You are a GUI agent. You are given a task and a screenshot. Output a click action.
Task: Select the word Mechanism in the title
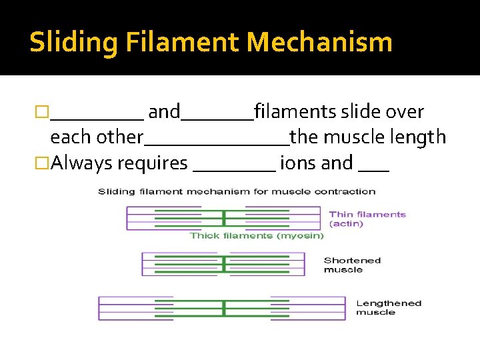tap(319, 43)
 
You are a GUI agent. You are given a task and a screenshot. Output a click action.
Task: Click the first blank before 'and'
tap(97, 117)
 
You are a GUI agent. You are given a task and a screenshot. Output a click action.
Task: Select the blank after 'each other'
tap(217, 143)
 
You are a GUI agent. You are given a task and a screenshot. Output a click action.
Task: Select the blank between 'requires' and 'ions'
tap(234, 169)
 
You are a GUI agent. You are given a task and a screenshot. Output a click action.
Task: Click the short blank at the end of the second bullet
tap(373, 169)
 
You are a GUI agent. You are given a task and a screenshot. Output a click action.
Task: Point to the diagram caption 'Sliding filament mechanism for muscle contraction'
tap(237, 191)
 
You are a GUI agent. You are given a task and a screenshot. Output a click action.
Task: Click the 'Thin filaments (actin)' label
tap(367, 219)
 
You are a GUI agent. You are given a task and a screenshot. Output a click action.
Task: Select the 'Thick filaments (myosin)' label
tap(257, 235)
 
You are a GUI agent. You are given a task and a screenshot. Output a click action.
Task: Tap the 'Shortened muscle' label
tap(352, 265)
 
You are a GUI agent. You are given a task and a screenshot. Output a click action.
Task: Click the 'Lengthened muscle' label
tap(389, 307)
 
